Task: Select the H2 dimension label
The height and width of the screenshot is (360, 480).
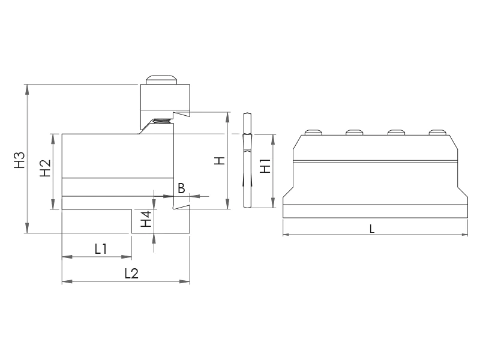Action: [45, 169]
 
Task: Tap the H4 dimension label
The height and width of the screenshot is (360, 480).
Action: [145, 220]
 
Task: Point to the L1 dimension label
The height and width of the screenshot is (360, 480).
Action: [100, 248]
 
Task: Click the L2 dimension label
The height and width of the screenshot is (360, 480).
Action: [131, 273]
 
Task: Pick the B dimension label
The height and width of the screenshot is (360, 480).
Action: [181, 188]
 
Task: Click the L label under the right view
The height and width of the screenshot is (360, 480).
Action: [372, 229]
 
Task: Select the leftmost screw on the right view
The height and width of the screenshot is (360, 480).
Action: [313, 132]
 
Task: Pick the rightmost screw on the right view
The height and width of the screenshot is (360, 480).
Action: [437, 132]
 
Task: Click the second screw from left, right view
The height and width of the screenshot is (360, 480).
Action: [354, 132]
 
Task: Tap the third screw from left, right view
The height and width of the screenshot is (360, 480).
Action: [395, 132]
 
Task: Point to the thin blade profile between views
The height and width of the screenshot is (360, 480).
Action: [247, 161]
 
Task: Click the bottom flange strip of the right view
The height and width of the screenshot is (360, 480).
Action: [375, 211]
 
